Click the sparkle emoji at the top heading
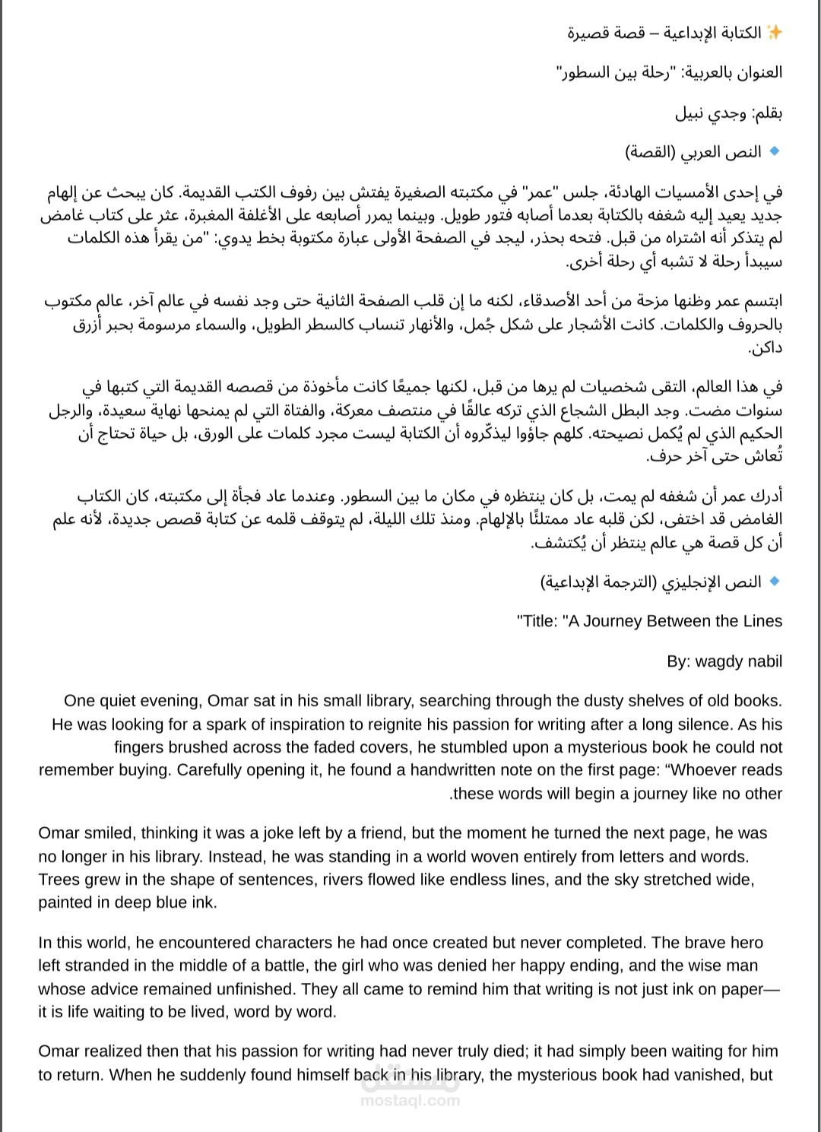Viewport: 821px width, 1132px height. coord(774,33)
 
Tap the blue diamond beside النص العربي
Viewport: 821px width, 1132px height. coord(775,152)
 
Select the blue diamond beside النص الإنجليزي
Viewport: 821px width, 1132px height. coord(775,582)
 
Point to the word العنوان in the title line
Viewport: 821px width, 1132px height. coord(753,73)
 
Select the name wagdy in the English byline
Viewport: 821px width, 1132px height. coord(719,661)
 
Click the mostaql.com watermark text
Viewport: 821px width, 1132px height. coord(410,1101)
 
